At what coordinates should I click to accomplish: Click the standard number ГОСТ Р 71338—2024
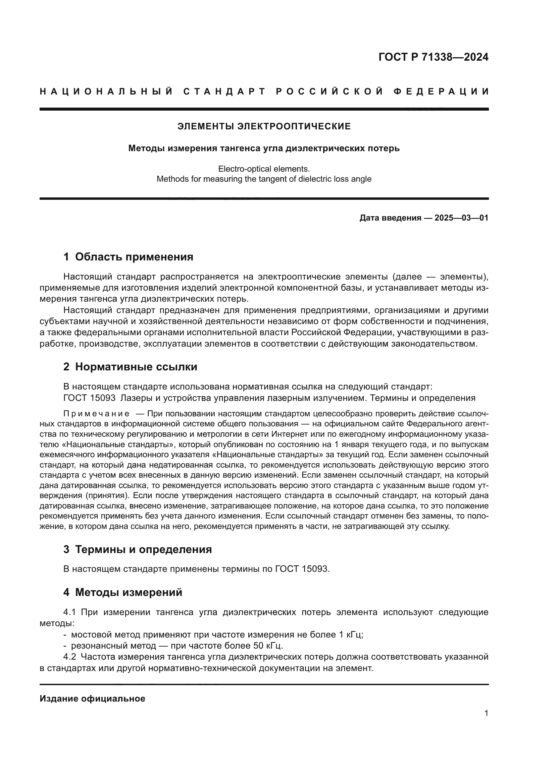click(433, 57)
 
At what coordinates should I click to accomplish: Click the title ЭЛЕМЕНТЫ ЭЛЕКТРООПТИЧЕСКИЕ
click(264, 126)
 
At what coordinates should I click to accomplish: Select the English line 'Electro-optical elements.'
click(264, 169)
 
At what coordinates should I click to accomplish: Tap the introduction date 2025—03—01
click(461, 218)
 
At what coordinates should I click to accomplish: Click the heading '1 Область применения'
click(128, 257)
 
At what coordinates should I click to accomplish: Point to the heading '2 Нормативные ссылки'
click(130, 367)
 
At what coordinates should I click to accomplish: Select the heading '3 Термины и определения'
click(137, 549)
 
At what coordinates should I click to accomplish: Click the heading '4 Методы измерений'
click(123, 592)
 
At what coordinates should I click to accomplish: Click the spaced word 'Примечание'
click(96, 414)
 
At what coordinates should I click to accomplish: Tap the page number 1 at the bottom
click(486, 713)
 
